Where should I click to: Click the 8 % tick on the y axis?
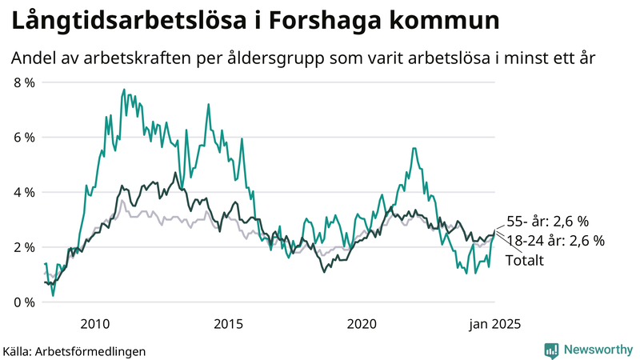(23, 82)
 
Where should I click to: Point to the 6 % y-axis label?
(23, 138)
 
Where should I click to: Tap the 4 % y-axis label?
(23, 193)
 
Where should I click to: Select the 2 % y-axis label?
(23, 247)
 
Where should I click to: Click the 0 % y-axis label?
(23, 302)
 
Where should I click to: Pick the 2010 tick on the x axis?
(94, 324)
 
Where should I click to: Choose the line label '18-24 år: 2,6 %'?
(555, 242)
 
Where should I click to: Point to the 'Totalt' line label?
(525, 260)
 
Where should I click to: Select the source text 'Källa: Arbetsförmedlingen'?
(74, 351)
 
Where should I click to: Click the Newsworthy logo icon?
(551, 350)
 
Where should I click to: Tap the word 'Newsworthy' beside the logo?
(598, 350)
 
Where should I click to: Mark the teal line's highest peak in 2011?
(124, 90)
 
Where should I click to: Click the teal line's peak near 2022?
(413, 148)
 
